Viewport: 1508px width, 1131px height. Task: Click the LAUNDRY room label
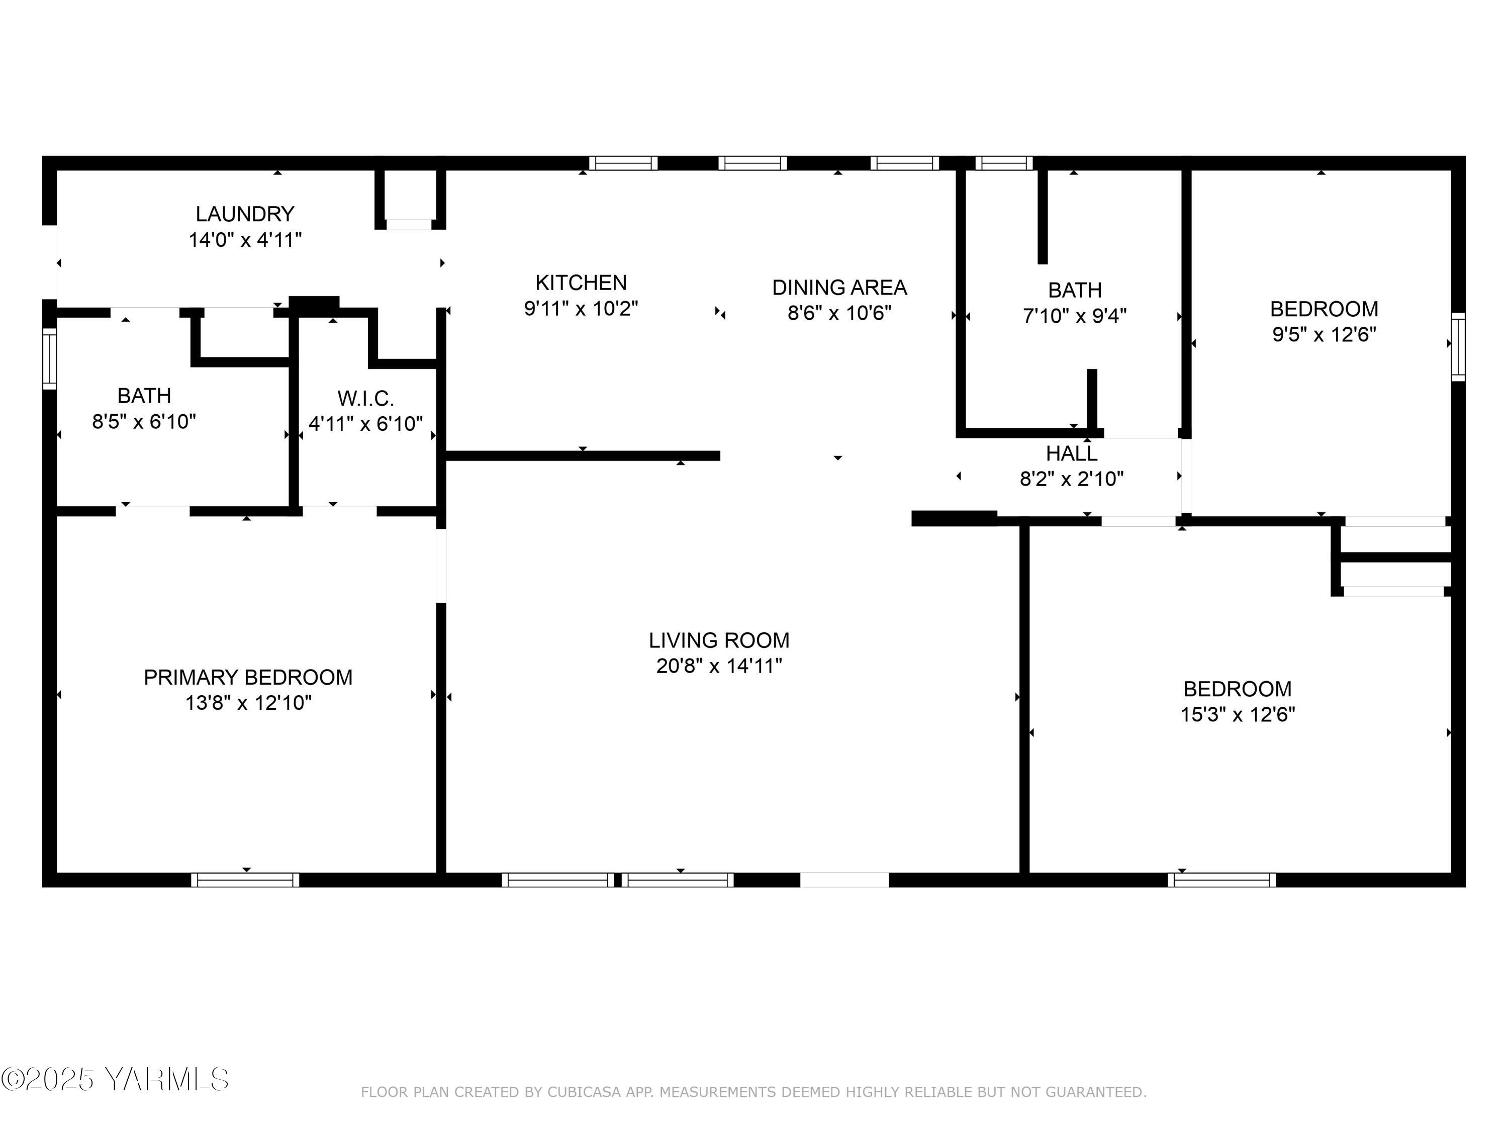pos(245,214)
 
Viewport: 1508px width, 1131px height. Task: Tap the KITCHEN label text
pos(581,282)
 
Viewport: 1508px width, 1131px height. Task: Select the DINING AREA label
pos(839,288)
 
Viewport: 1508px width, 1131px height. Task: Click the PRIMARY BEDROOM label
pos(248,677)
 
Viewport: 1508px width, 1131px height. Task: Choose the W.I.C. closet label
pos(365,398)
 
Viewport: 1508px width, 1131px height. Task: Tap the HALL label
pos(1072,453)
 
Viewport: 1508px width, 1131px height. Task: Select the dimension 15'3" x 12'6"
pos(1238,714)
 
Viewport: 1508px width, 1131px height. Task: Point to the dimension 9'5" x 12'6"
pos(1324,335)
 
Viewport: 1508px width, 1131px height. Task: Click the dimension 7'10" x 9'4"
pos(1074,316)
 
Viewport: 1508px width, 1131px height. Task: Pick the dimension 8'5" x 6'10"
pos(144,421)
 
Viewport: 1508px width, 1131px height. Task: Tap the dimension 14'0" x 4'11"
pos(245,240)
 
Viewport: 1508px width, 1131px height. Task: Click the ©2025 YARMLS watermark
pos(115,1079)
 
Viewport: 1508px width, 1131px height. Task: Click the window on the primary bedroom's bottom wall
pos(245,880)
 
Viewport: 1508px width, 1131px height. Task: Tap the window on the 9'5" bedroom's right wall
pos(1458,346)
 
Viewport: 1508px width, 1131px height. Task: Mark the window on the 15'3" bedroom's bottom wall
pos(1221,880)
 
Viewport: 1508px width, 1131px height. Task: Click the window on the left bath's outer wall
pos(49,358)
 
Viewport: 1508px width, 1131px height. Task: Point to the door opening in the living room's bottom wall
pos(844,880)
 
